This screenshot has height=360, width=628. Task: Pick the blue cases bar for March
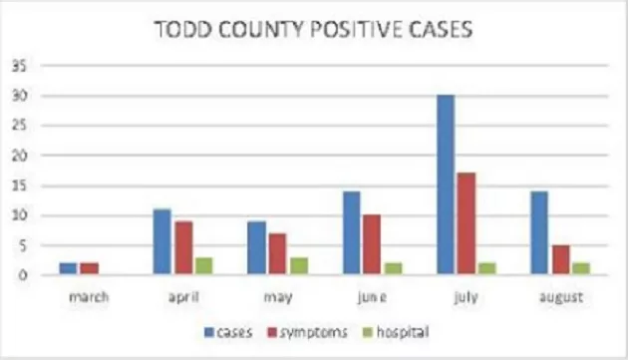pos(67,269)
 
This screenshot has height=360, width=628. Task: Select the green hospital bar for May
pos(297,266)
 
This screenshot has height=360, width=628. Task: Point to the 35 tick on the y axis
pos(20,67)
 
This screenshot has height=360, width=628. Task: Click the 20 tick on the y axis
pos(20,157)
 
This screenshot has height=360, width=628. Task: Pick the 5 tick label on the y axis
pos(23,246)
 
